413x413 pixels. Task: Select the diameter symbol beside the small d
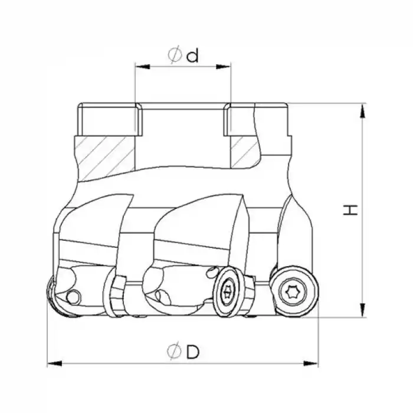(174, 55)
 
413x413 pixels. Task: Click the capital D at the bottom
(191, 352)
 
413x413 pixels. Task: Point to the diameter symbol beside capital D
(173, 352)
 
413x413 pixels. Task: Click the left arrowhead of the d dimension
(140, 67)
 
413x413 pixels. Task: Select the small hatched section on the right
(243, 152)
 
